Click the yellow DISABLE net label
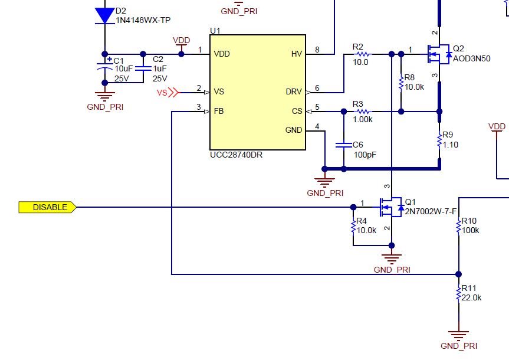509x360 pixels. click(48, 207)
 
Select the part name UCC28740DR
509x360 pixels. click(236, 155)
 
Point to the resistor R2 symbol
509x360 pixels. click(361, 54)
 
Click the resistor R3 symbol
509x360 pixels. click(361, 111)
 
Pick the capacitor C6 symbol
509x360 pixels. click(343, 145)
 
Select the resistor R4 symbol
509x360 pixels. click(353, 225)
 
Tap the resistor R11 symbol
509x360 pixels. click(458, 293)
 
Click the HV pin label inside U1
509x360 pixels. click(296, 54)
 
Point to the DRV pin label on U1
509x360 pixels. click(294, 91)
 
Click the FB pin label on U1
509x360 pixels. click(218, 111)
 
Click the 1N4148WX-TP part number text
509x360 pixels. click(143, 20)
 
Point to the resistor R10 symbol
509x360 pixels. click(458, 226)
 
